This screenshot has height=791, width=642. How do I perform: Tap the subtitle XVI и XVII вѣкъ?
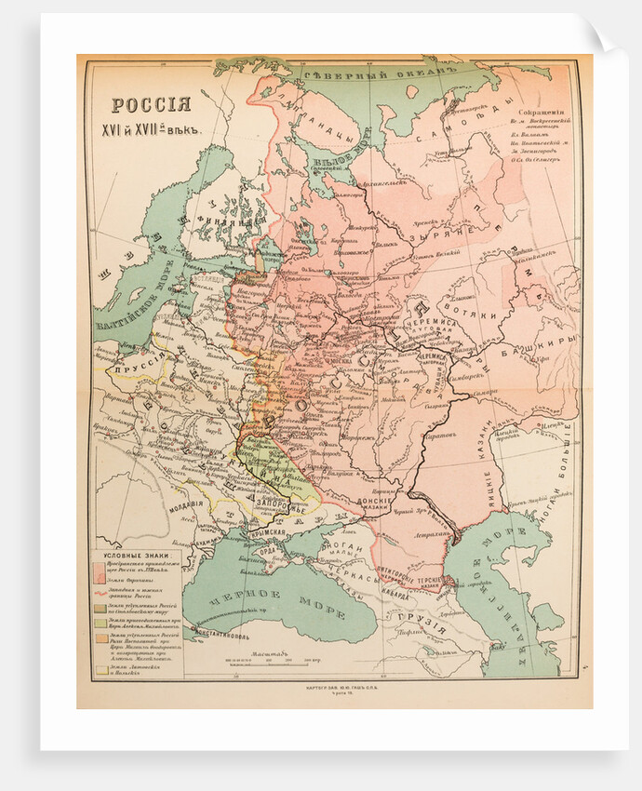click(151, 127)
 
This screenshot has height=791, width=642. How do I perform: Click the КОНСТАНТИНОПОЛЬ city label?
click(221, 641)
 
